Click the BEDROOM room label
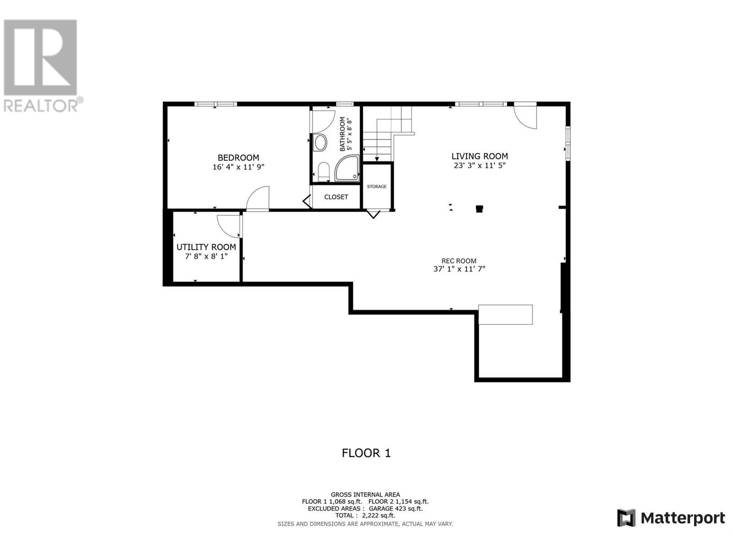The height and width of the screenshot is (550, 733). [238, 158]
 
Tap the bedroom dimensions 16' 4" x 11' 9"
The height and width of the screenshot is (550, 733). [238, 167]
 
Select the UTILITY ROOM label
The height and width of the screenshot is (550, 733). [206, 247]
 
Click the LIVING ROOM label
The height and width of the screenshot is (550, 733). [480, 156]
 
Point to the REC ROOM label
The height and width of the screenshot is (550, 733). [459, 261]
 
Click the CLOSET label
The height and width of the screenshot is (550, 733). [336, 197]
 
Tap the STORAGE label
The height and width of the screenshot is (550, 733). [377, 187]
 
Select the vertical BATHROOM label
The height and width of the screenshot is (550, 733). [342, 134]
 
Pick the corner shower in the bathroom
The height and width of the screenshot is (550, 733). [346, 169]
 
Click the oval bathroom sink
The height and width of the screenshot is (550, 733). [320, 143]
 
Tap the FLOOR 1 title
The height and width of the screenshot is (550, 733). [366, 453]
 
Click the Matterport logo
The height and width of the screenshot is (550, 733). [671, 518]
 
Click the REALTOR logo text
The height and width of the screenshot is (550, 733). [41, 106]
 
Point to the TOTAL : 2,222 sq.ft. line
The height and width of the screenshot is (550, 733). [365, 516]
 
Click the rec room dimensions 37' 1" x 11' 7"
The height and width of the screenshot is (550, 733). [459, 269]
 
